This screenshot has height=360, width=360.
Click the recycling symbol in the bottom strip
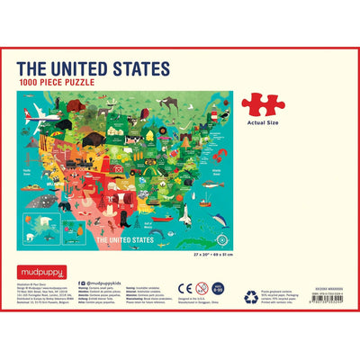(x=250, y=296)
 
